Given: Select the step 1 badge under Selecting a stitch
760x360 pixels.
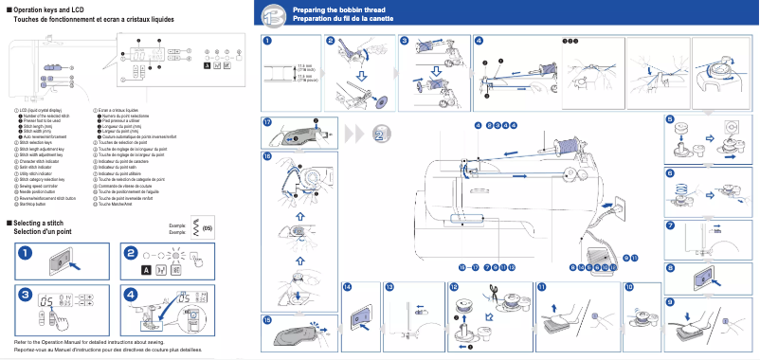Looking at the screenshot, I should [x=25, y=253].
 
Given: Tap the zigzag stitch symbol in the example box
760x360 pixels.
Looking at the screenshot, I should [x=196, y=227].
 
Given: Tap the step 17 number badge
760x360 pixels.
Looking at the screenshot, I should [x=268, y=123].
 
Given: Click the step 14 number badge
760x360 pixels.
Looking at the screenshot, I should [x=347, y=286].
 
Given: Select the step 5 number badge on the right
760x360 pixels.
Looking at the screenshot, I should [x=670, y=120].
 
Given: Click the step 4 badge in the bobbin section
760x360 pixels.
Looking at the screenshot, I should [x=479, y=41].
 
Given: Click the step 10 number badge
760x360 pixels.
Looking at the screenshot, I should [x=629, y=286].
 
